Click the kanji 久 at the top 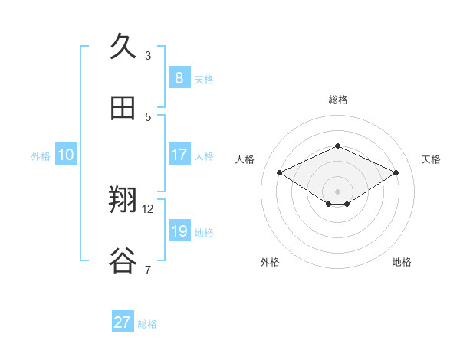pos(123,47)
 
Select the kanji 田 pos(123,108)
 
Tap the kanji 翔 pos(123,201)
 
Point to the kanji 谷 pos(123,261)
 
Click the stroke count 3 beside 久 pos(148,56)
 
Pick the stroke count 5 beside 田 pos(148,116)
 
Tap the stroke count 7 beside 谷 pos(148,270)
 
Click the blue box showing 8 pos(179,77)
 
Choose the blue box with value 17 pos(179,155)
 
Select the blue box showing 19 pos(179,231)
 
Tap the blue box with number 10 pos(66,155)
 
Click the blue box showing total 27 pos(123,322)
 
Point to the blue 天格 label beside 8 pos(204,80)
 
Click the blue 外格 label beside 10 pos(41,156)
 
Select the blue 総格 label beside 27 pos(147,324)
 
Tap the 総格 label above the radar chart pos(337,100)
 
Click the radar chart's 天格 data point pos(396,173)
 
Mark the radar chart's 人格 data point pos(279,173)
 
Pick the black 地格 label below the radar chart pos(402,262)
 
